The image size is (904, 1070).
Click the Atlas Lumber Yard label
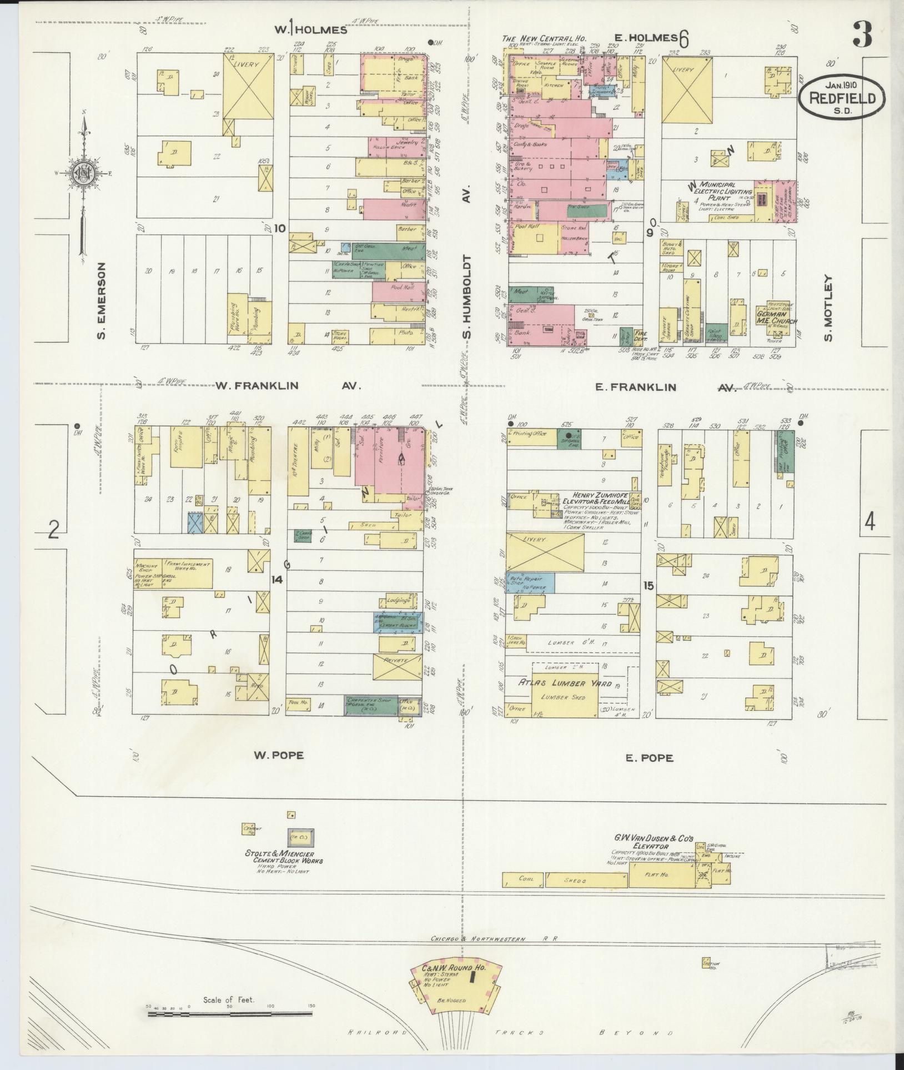(565, 684)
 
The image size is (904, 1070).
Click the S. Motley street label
(829, 308)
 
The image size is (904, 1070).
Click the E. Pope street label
(649, 757)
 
